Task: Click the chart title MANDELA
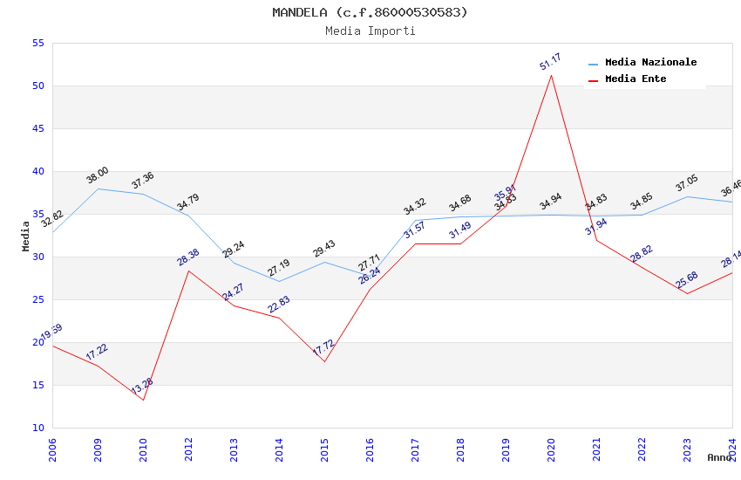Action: pos(370,12)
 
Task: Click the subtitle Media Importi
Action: pos(370,31)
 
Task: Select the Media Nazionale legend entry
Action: pos(650,63)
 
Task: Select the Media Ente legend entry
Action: pos(635,79)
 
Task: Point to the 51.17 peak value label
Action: pos(550,62)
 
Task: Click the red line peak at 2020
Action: pos(551,75)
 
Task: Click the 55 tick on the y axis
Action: pos(37,43)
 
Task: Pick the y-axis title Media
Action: pos(26,236)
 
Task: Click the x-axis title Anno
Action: pos(719,457)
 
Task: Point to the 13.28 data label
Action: pos(142,386)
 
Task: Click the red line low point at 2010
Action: pos(143,400)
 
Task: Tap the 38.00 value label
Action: pos(97,175)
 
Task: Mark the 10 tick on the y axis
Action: pos(37,428)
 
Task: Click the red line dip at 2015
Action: pos(324,361)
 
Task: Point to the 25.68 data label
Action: pos(686,280)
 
